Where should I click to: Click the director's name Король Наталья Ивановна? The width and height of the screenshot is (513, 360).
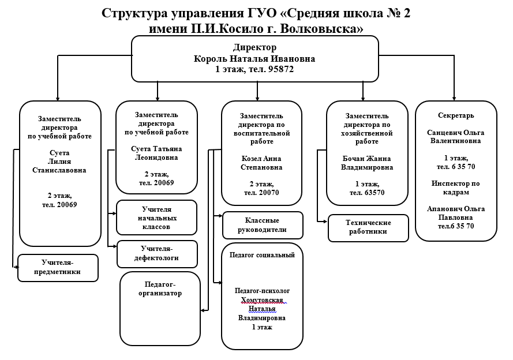point(254,59)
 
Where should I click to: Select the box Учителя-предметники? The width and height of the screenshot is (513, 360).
point(58,268)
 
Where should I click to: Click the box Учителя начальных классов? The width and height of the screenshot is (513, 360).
point(157,217)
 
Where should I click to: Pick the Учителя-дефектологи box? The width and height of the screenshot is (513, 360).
point(157,254)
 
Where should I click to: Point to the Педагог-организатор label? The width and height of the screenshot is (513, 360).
point(160,288)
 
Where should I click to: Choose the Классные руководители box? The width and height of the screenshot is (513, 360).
point(263,225)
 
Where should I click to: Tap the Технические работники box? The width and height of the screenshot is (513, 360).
point(368,228)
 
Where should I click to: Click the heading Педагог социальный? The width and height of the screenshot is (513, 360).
point(262,255)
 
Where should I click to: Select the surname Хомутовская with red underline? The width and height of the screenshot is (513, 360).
point(262,300)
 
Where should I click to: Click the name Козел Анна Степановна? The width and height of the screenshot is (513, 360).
point(261,163)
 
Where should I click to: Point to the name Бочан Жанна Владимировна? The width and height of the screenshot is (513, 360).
point(367,163)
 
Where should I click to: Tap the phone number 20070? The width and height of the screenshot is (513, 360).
point(268,193)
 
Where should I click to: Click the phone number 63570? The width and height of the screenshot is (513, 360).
point(373,193)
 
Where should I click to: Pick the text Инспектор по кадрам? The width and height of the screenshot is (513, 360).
point(456,187)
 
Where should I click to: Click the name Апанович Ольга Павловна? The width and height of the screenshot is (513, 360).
point(456,213)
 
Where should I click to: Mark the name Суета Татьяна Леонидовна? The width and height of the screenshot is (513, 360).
point(156,153)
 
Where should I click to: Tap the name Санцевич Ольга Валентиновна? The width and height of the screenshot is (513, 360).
point(456,137)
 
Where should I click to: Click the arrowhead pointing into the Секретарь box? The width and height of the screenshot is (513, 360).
point(454,99)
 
